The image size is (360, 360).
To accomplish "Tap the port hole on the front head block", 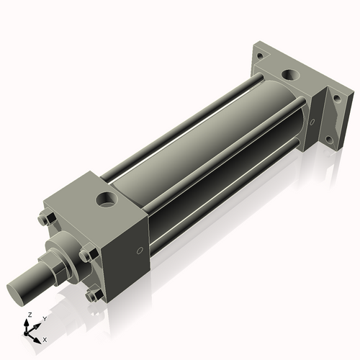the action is [107, 199].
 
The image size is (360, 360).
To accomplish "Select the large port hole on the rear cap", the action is [291, 75].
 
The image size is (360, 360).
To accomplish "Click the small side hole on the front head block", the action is [140, 251].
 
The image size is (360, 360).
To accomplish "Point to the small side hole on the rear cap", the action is [312, 122].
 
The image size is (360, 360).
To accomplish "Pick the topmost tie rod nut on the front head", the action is [47, 219].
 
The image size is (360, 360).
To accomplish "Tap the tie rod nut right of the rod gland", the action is [88, 254].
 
